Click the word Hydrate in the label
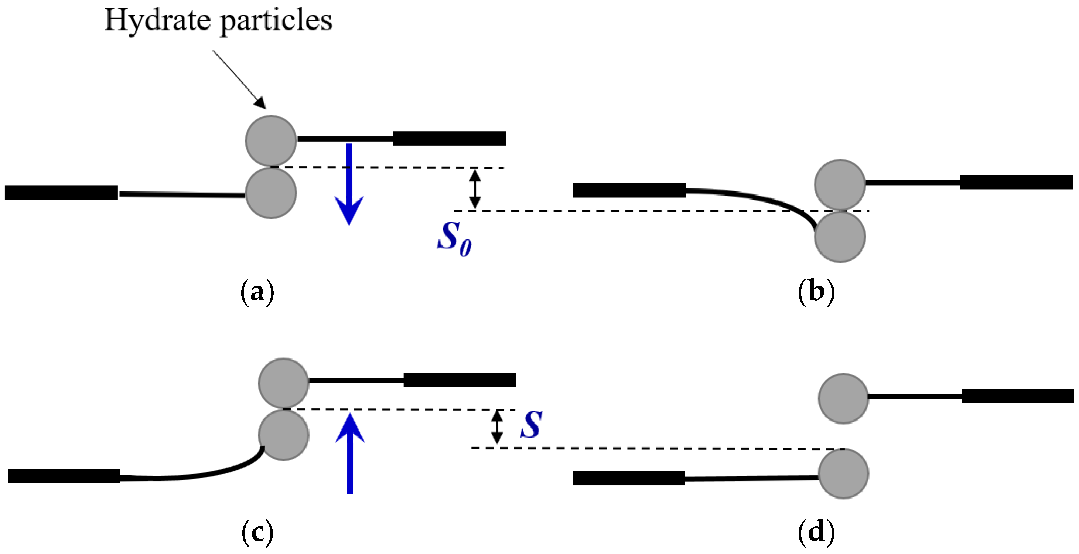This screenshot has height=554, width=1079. [157, 20]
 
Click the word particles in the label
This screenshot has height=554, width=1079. [276, 20]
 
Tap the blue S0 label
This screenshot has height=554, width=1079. [454, 239]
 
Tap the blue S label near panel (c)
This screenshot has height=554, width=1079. [531, 425]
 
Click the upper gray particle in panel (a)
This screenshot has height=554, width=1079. [271, 141]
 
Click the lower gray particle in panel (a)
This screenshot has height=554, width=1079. [271, 193]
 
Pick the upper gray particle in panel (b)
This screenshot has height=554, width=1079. [840, 184]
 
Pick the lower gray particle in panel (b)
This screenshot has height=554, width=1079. [840, 237]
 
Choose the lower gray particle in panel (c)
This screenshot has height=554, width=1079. [284, 435]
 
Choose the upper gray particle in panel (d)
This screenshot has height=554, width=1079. [843, 398]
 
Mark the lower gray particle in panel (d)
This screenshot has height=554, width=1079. [843, 473]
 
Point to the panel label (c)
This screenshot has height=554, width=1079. [257, 532]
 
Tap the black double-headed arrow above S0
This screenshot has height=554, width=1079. [475, 188]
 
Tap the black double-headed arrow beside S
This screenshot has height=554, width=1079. [497, 427]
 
